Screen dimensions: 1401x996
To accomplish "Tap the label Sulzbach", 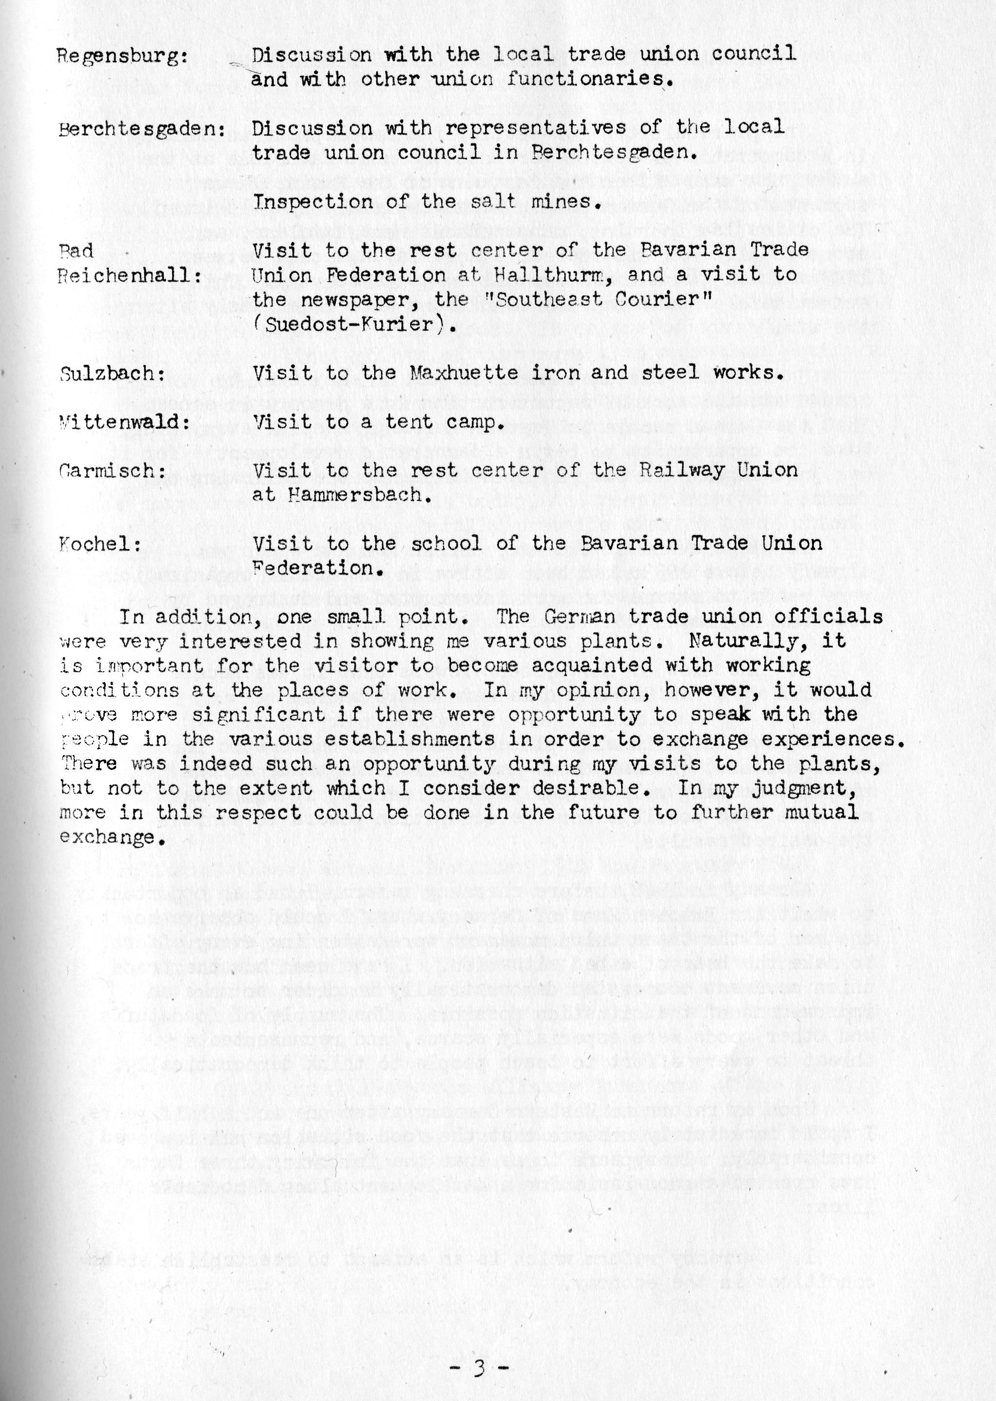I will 113,374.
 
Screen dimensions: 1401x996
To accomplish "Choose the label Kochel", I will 99,544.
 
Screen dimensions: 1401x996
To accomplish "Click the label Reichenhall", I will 129,276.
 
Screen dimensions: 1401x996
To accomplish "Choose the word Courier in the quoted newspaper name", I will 653,300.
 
